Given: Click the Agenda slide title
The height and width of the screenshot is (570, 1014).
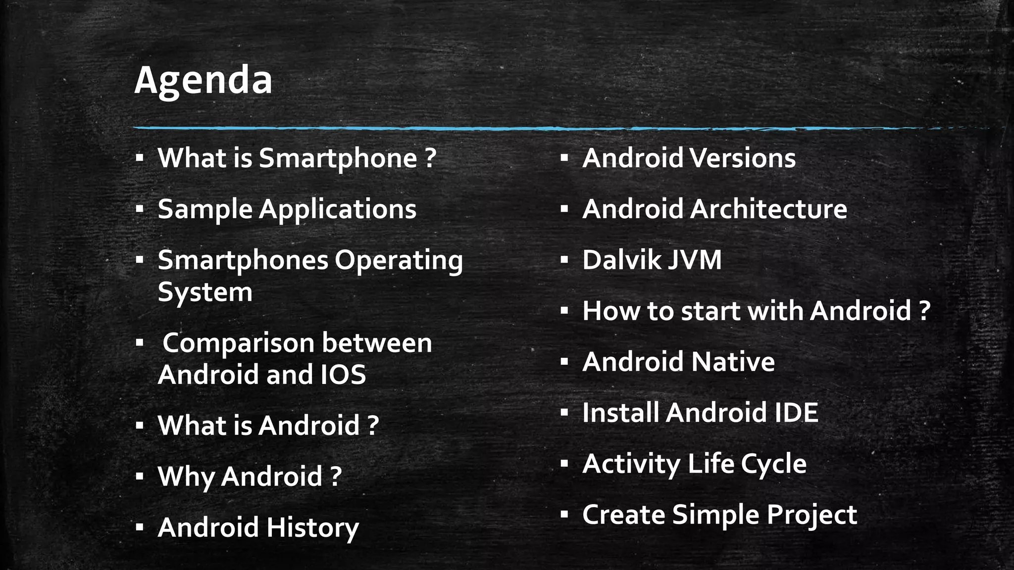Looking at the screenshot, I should point(203,80).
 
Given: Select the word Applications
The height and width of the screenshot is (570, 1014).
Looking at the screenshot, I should point(338,209).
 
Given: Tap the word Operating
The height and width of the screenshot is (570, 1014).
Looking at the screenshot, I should point(399,261).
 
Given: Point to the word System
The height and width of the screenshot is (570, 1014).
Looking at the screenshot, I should point(205,292).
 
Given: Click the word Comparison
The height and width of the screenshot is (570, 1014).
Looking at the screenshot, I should point(240,343).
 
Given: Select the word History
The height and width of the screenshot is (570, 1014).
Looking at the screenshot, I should point(312,527).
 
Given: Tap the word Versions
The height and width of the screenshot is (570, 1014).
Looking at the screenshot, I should point(743,158).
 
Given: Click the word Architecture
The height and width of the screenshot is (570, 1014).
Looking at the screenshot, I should point(768,209).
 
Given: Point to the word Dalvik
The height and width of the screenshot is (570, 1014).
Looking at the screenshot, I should point(621,260).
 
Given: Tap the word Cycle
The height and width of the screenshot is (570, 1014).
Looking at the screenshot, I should point(773,464).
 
